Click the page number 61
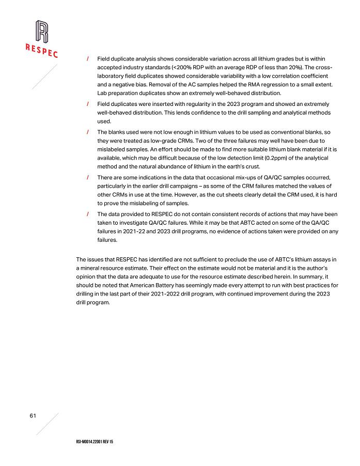pyautogui.click(x=33, y=416)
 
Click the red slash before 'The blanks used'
pyautogui.click(x=87, y=132)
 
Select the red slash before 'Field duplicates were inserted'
pyautogui.click(x=87, y=104)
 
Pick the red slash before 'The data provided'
pyautogui.click(x=87, y=214)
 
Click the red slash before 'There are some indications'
pyautogui.click(x=87, y=177)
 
